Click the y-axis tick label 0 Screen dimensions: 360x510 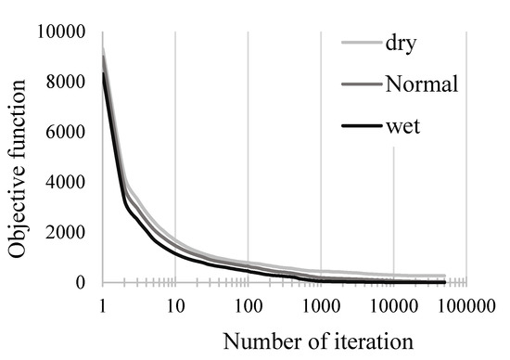[81, 283]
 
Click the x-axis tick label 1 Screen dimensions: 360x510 [101, 304]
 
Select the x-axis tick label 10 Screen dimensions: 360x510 [174, 304]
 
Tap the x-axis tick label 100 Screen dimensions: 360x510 [247, 304]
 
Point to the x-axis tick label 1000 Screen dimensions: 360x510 [320, 304]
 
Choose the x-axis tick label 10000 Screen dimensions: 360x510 [393, 304]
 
